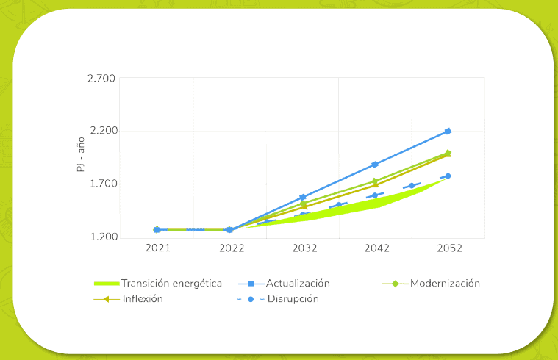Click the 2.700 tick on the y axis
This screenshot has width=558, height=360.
[x=102, y=79]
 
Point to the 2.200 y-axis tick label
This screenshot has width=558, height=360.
[x=102, y=132]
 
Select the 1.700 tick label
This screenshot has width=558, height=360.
[x=102, y=184]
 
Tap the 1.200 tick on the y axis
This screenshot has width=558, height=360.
[x=102, y=237]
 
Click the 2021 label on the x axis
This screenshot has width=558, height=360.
[x=157, y=249]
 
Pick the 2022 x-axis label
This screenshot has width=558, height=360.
[x=230, y=249]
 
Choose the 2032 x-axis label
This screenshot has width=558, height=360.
[x=303, y=249]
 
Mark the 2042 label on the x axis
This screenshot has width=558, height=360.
[x=376, y=249]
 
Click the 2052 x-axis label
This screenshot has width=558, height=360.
[x=448, y=249]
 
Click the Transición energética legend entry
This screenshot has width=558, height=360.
[x=171, y=283]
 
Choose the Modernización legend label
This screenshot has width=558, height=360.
[x=445, y=283]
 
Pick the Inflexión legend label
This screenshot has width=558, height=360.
[x=143, y=299]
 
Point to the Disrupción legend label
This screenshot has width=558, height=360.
[x=293, y=299]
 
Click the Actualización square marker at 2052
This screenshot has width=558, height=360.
[x=448, y=131]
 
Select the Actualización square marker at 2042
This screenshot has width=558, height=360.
[x=375, y=165]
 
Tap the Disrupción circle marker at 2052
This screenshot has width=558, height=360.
[x=448, y=176]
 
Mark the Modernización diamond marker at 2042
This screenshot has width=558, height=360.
[x=375, y=181]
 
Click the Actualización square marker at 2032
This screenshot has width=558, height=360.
[x=303, y=198]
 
